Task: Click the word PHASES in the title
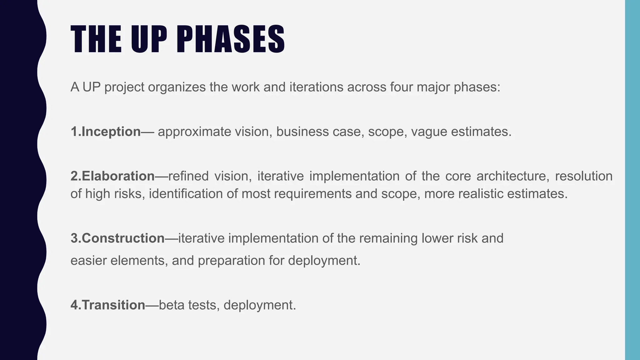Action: [231, 39]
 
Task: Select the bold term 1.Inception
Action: [106, 132]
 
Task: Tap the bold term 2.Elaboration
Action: [112, 176]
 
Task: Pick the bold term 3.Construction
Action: [117, 238]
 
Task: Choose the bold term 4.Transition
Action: [108, 305]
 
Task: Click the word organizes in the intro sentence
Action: [177, 87]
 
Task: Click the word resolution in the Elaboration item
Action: [583, 176]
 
